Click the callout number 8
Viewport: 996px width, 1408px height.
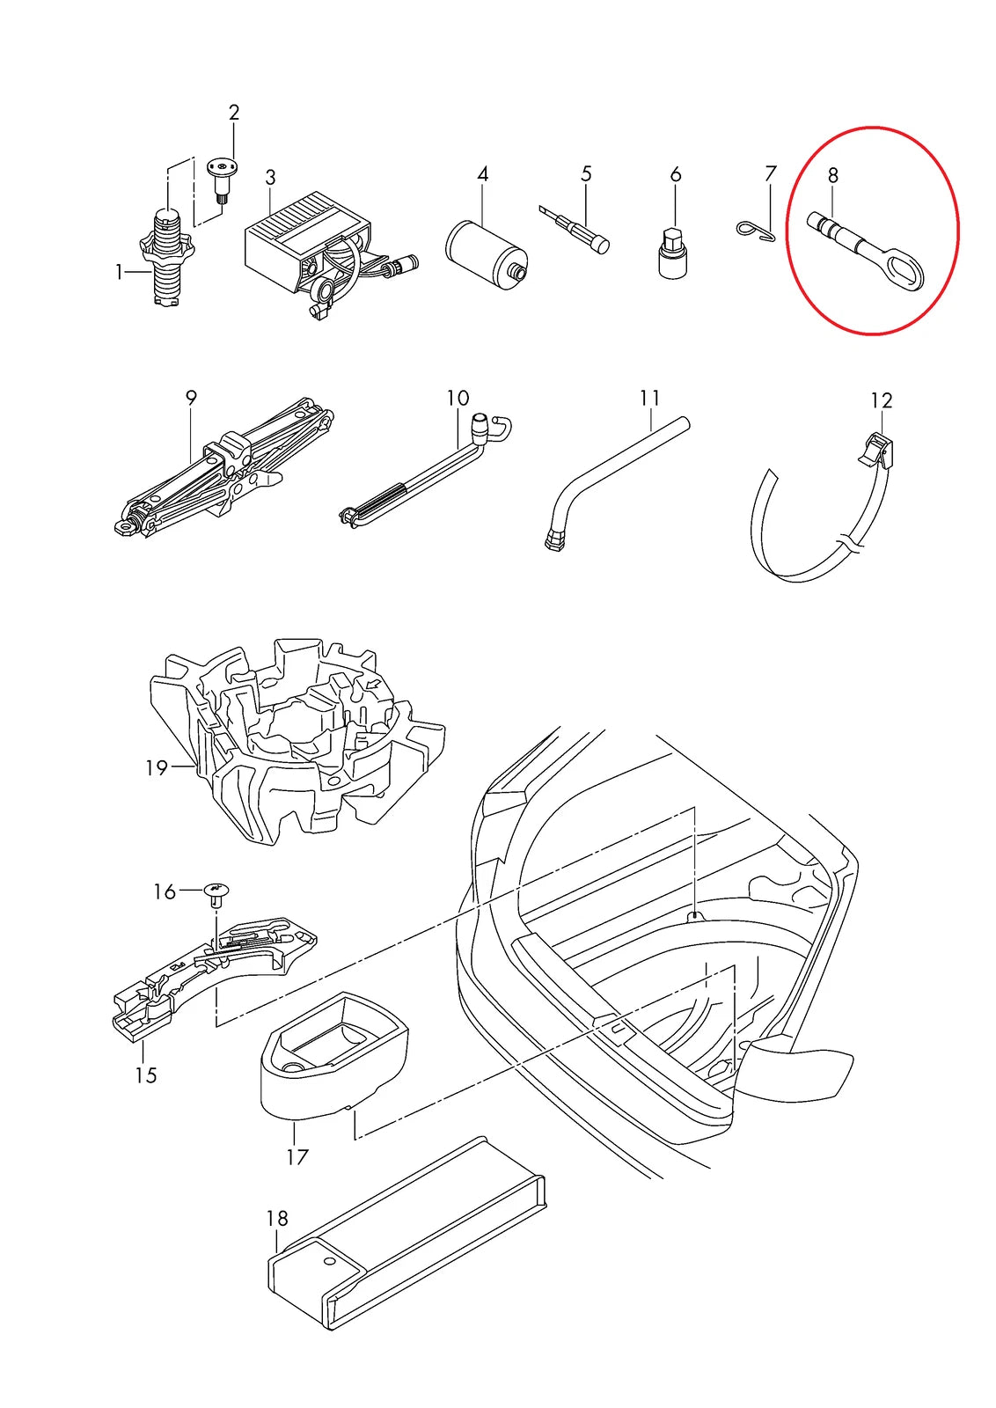click(832, 175)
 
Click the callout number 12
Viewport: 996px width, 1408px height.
click(881, 401)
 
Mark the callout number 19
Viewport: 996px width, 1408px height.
click(156, 768)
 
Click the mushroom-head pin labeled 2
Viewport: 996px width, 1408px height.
click(223, 175)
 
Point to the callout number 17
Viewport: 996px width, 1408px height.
click(297, 1156)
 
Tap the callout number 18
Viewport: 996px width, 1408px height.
click(276, 1219)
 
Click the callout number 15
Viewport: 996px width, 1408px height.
click(146, 1075)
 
